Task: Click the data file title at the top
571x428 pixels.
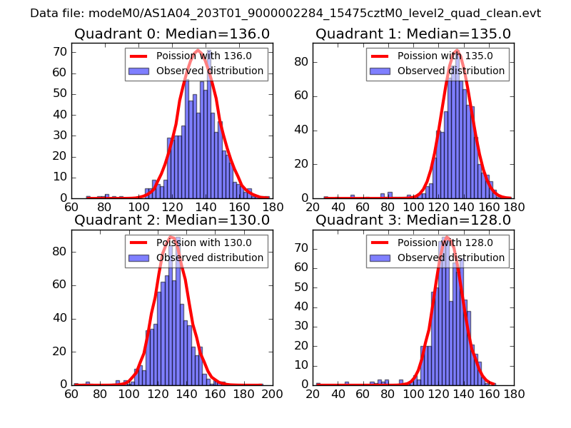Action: pyautogui.click(x=285, y=14)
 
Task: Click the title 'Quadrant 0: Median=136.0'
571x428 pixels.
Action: pyautogui.click(x=172, y=34)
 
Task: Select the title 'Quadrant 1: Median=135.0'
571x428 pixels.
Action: pyautogui.click(x=413, y=34)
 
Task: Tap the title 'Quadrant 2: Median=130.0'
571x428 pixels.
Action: pyautogui.click(x=172, y=220)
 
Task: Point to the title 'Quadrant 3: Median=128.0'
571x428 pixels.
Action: pyautogui.click(x=413, y=220)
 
